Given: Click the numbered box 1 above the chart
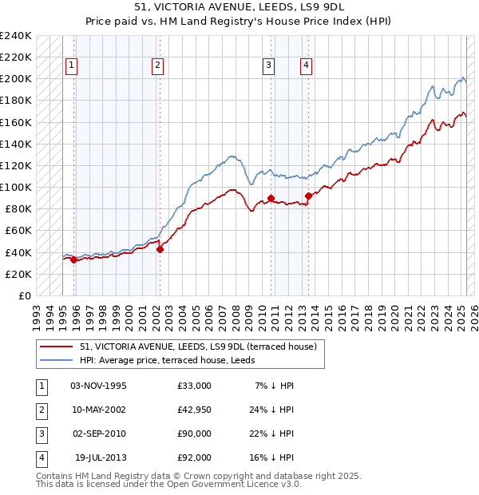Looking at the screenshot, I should point(72,66).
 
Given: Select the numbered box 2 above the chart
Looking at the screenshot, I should point(158,66).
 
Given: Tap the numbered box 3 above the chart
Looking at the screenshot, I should point(269,66).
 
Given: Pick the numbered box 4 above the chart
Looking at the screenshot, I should point(306,66).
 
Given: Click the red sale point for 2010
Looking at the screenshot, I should point(271,198).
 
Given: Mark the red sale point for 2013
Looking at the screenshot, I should point(308,196).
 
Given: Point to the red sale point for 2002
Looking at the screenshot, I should point(160,249).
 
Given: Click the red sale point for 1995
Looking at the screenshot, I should point(73,259).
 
